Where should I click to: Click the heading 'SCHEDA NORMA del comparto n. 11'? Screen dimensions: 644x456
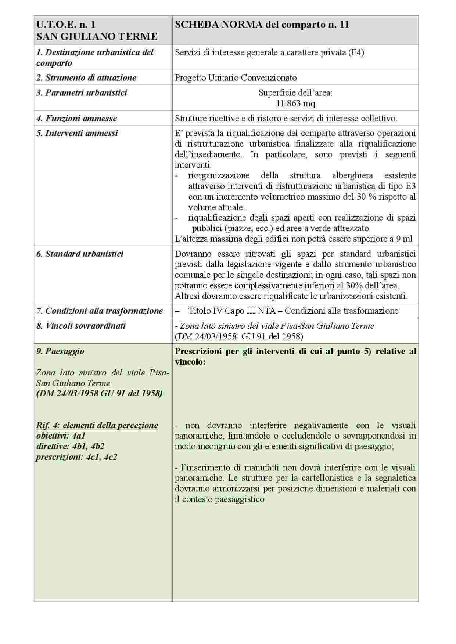pyautogui.click(x=262, y=25)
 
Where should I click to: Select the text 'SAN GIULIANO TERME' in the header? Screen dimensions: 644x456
pyautogui.click(x=97, y=36)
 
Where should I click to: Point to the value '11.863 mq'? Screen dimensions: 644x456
pyautogui.click(x=295, y=103)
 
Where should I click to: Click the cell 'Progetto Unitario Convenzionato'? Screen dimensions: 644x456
pyautogui.click(x=236, y=78)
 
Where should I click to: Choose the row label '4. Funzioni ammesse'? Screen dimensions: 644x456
pyautogui.click(x=76, y=119)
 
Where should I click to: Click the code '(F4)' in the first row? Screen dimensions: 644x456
pyautogui.click(x=356, y=52)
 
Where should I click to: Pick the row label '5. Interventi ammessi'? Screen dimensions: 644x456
pyautogui.click(x=77, y=133)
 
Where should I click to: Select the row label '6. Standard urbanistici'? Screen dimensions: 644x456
pyautogui.click(x=80, y=254)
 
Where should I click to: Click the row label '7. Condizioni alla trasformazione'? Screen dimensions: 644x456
pyautogui.click(x=100, y=311)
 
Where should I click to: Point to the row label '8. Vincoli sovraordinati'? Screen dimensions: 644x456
pyautogui.click(x=81, y=326)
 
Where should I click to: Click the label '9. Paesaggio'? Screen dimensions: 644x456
pyautogui.click(x=60, y=351)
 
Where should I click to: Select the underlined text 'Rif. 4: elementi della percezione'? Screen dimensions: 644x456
pyautogui.click(x=97, y=426)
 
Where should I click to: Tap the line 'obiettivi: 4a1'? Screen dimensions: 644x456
pyautogui.click(x=61, y=436)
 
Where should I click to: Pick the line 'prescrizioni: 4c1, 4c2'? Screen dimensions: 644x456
pyautogui.click(x=76, y=457)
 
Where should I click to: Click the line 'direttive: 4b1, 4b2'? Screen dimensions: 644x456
pyautogui.click(x=70, y=447)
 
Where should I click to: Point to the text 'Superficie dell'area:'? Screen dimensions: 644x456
pyautogui.click(x=295, y=93)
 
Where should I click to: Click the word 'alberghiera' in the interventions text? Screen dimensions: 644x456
pyautogui.click(x=352, y=175)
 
